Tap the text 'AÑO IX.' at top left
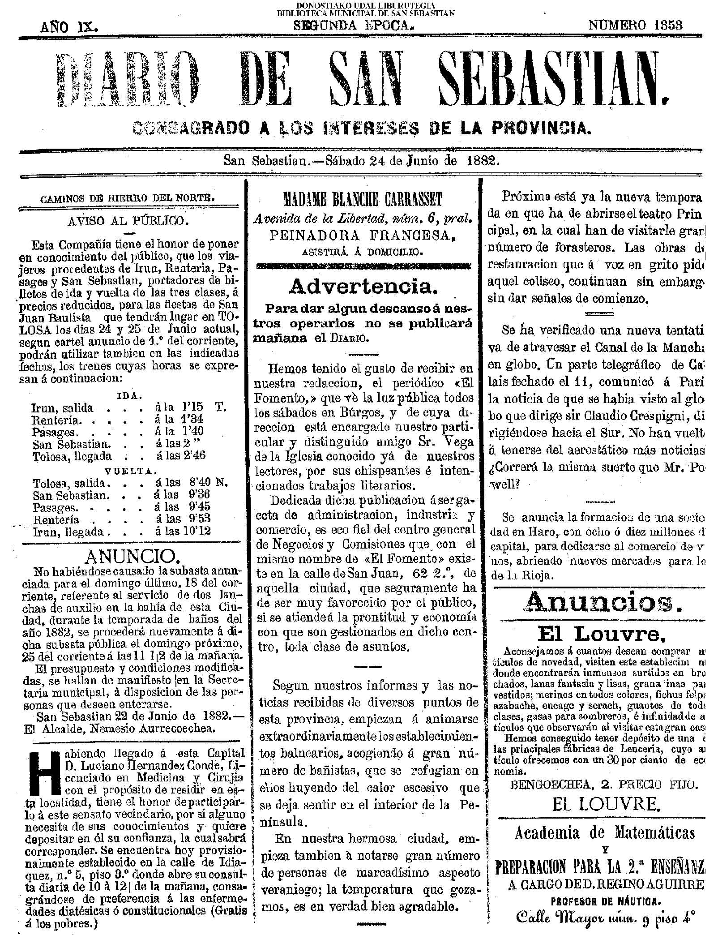(x=69, y=27)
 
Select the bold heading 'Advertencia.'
(x=363, y=287)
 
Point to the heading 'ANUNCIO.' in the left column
(x=132, y=557)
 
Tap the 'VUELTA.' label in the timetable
(x=130, y=471)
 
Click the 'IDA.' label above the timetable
(x=129, y=396)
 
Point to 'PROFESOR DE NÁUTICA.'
(x=600, y=924)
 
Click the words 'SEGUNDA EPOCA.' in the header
(x=353, y=26)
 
